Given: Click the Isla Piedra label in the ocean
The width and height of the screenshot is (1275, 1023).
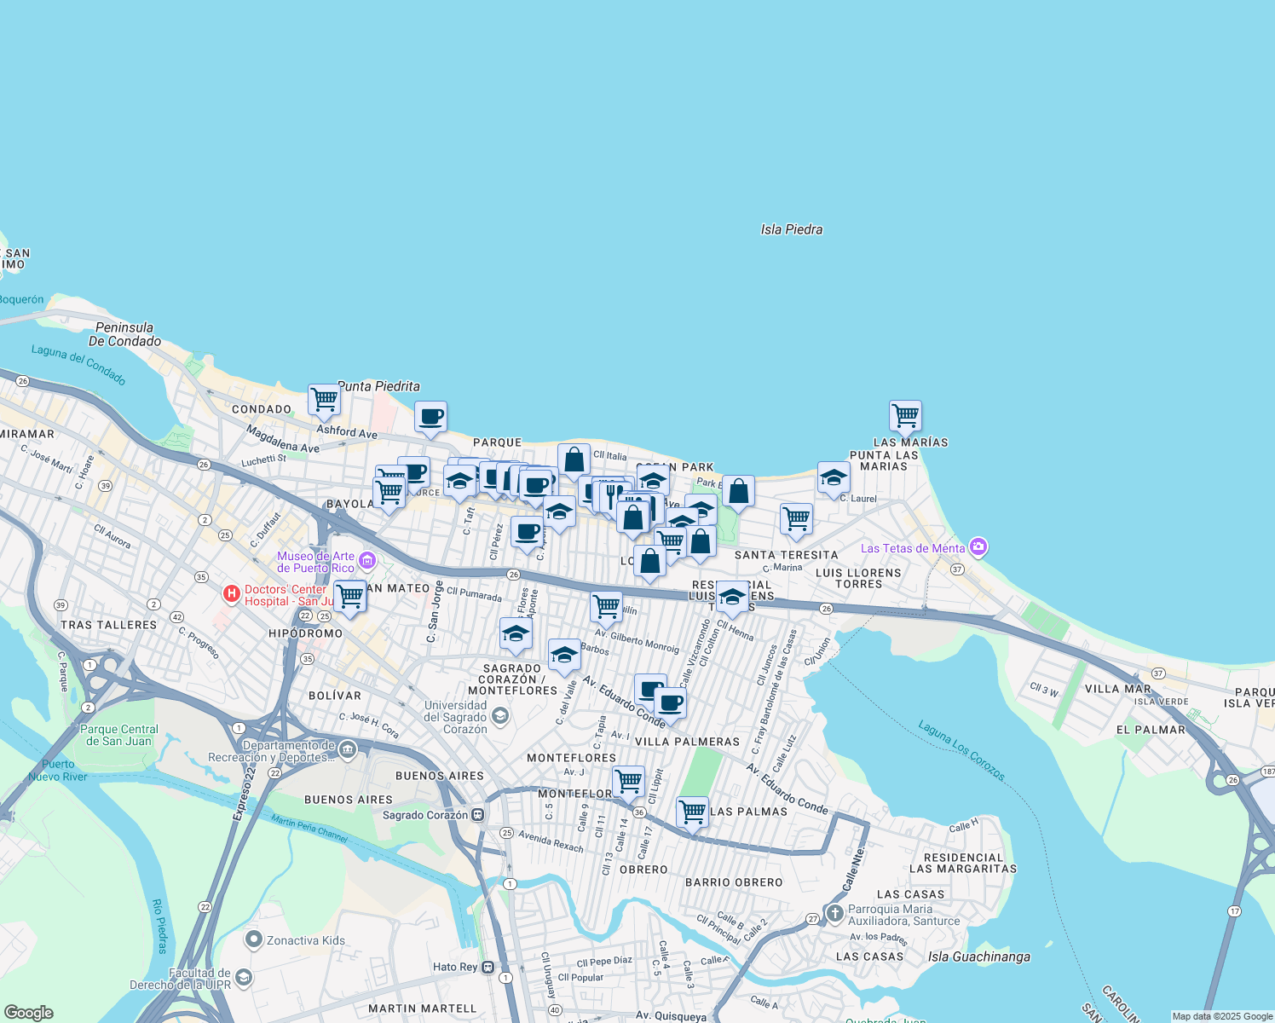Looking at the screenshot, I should pos(791,229).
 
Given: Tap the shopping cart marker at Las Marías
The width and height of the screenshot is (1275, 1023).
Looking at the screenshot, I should pos(905,416).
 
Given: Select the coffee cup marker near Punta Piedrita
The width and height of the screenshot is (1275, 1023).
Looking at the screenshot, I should pos(430,417).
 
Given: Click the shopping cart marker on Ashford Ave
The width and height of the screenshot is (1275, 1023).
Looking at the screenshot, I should pos(324,398).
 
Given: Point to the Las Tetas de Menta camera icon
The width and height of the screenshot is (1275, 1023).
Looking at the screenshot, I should pos(978,547).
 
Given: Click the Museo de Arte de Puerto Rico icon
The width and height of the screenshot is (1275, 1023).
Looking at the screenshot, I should pos(367,560).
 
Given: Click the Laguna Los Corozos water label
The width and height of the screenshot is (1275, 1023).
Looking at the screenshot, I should pos(961,750).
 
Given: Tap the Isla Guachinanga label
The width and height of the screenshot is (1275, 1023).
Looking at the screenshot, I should pos(978,957).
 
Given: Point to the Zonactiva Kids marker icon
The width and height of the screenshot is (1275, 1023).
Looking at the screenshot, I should pos(253,940).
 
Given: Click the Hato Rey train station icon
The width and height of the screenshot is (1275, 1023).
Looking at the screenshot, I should pos(488,967).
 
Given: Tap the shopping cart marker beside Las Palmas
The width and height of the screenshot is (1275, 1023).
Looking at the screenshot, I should pos(692,812).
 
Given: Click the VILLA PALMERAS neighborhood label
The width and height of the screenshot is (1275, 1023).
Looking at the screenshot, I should pos(687,742).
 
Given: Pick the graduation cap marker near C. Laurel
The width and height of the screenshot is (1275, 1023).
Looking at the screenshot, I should pos(833,477).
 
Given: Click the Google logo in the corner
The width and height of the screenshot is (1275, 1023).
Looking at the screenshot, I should pos(28,1013).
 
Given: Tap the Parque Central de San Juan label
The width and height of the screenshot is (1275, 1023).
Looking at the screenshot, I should pos(118,735).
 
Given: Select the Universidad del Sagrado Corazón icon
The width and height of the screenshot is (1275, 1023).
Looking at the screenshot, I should pos(500,715).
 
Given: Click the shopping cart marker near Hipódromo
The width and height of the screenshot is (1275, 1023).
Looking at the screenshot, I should pos(349,596).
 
